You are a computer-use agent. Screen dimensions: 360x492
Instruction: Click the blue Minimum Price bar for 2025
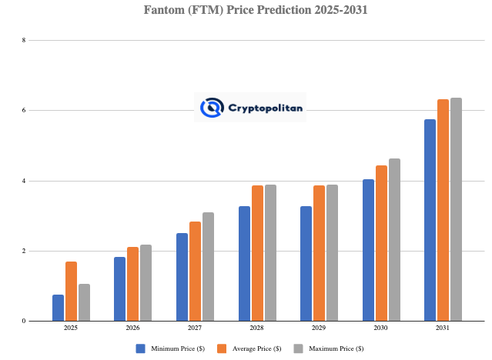coord(59,308)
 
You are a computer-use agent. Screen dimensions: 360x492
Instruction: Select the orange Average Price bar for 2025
coord(71,292)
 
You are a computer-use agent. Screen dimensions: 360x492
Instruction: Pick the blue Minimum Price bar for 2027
coord(182,277)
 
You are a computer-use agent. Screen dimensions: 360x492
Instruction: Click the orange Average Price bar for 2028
coord(257,253)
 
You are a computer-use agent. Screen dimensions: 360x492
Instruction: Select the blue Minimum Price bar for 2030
coord(368,250)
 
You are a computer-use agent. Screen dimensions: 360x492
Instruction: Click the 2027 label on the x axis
coord(195,328)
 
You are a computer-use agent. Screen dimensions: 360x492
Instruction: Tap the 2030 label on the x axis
coord(381,328)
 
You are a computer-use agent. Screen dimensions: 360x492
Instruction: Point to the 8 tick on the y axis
coord(24,40)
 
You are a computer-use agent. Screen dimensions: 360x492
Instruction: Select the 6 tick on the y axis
coord(24,111)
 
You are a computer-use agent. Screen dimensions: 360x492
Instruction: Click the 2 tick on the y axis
coord(24,252)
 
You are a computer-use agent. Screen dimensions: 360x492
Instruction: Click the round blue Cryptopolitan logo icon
coord(212,108)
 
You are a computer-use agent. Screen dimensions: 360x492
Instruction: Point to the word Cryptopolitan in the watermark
coord(266,108)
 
